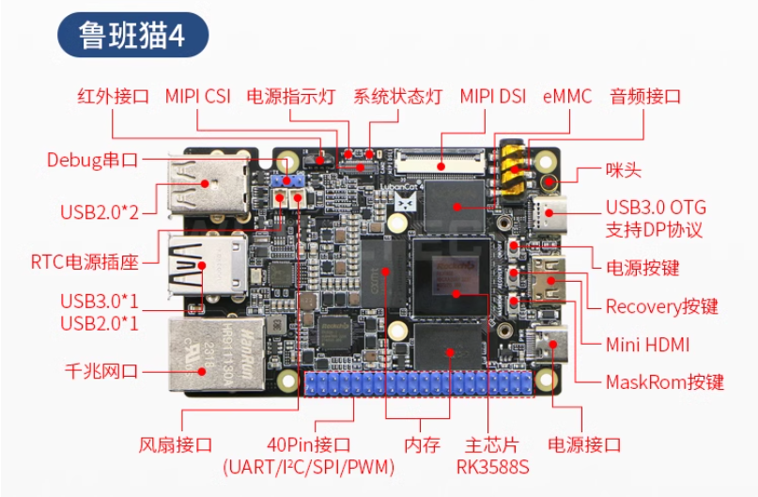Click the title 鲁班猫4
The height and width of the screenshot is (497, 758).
coord(132,35)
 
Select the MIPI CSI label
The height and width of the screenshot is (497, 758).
coord(197,96)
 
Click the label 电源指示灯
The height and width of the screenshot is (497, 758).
coord(291,96)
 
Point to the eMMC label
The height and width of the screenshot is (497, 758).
coord(567,96)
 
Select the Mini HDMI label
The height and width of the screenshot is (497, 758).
coord(647,344)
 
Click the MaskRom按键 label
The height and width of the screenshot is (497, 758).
coord(664,382)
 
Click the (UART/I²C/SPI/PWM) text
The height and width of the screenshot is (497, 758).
coord(308,466)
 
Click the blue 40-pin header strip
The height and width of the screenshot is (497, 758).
coord(417,383)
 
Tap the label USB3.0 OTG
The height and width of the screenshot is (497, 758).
coord(655,208)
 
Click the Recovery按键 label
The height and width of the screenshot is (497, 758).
coord(661,306)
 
